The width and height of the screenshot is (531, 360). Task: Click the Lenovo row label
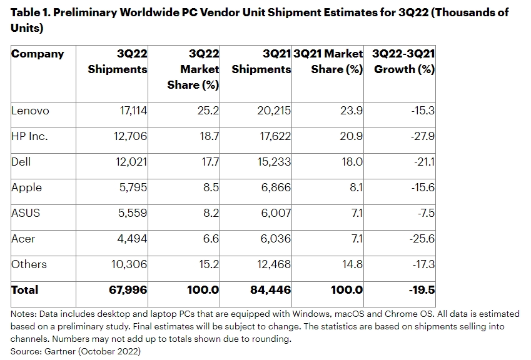click(x=30, y=111)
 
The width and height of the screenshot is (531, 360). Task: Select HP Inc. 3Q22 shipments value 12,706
click(x=129, y=136)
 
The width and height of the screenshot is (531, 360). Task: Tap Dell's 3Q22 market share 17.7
click(x=209, y=162)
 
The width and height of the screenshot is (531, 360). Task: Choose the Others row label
click(x=29, y=264)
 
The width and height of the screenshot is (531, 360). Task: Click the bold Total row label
click(x=25, y=290)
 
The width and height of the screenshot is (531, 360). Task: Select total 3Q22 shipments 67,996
click(x=128, y=290)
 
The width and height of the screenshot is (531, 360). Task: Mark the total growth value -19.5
click(x=422, y=290)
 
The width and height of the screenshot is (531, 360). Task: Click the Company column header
click(x=38, y=54)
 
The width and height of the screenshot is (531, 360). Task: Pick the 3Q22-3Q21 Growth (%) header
click(x=403, y=61)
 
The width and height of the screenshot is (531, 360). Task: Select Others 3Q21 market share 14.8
click(x=352, y=264)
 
